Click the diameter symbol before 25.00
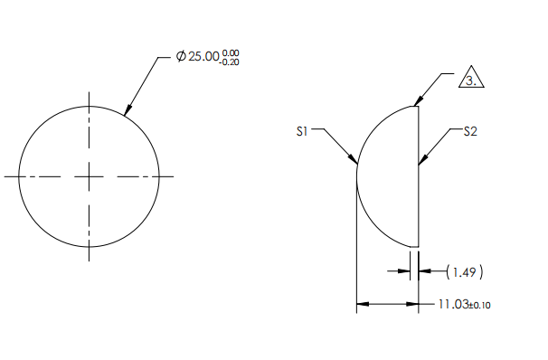pyautogui.click(x=181, y=57)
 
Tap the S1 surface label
pyautogui.click(x=304, y=132)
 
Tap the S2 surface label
pyautogui.click(x=470, y=132)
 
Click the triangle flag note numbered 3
pyautogui.click(x=471, y=80)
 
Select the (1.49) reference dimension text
pyautogui.click(x=467, y=270)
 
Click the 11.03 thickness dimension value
pyautogui.click(x=452, y=305)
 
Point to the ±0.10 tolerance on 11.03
pyautogui.click(x=480, y=306)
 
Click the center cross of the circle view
pyautogui.click(x=89, y=176)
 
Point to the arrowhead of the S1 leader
pyautogui.click(x=355, y=164)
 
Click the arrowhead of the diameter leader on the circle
pyautogui.click(x=126, y=112)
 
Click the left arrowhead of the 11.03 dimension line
pyautogui.click(x=361, y=305)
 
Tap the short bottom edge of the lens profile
pyautogui.click(x=414, y=246)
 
